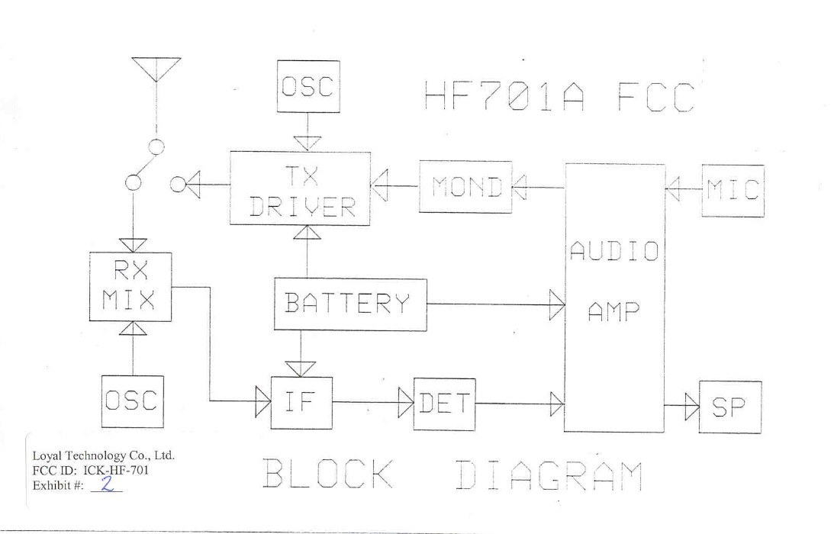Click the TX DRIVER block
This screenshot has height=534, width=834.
(300, 188)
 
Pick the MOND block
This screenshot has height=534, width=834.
(465, 187)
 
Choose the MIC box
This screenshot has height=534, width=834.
(733, 191)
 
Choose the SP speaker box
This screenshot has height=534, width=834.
(730, 407)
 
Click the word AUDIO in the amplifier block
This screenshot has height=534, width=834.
(614, 251)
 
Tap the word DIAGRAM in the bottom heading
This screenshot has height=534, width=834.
(548, 475)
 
